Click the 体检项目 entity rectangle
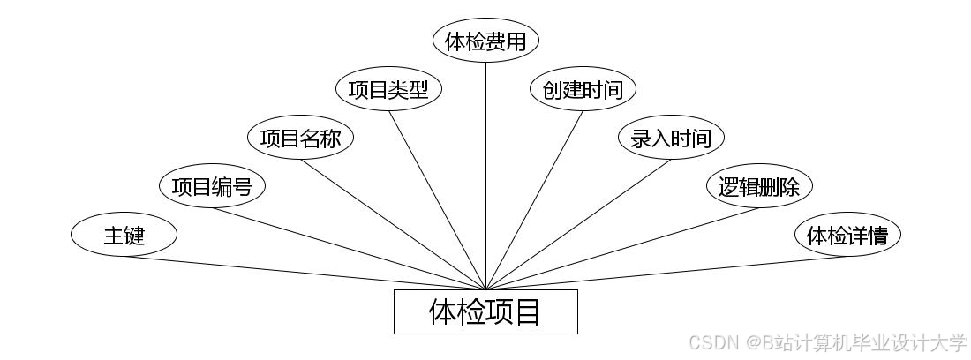pyautogui.click(x=485, y=311)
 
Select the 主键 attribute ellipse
pyautogui.click(x=124, y=236)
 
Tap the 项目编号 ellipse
pyautogui.click(x=212, y=187)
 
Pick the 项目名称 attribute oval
pyautogui.click(x=300, y=139)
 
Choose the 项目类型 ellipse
pyautogui.click(x=388, y=90)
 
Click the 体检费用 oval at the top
pyautogui.click(x=485, y=41)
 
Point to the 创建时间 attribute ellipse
pyautogui.click(x=583, y=90)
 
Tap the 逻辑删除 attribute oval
pyautogui.click(x=759, y=187)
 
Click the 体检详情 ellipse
pyautogui.click(x=847, y=236)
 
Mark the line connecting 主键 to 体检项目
pyautogui.click(x=305, y=273)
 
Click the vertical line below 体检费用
pyautogui.click(x=485, y=176)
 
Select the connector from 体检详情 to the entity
pyautogui.click(x=666, y=273)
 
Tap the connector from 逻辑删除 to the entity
pyautogui.click(x=622, y=249)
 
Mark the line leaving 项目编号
pyautogui.click(x=349, y=249)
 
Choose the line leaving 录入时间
pyautogui.click(x=578, y=224)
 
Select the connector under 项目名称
pyautogui.click(x=393, y=224)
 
